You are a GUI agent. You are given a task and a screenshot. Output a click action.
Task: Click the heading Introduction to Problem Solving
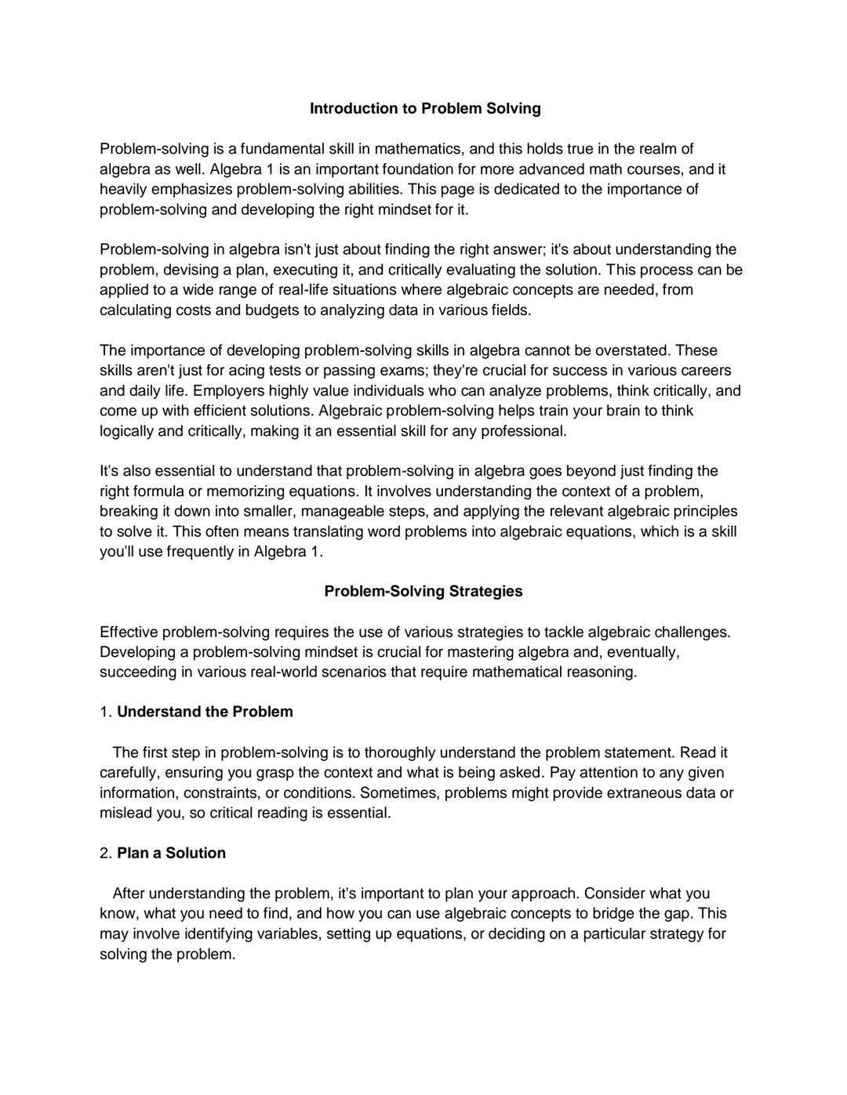pos(425,108)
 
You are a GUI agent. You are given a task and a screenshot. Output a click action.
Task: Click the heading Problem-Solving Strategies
pos(423,591)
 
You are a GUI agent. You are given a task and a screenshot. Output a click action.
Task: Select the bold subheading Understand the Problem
pos(205,712)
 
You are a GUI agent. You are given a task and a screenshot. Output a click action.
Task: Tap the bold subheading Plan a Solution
pos(171,853)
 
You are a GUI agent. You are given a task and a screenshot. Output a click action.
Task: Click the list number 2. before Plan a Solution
pos(106,853)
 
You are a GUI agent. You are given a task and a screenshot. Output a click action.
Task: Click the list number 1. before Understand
pos(106,712)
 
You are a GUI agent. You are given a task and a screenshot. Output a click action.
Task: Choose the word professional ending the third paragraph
pos(522,431)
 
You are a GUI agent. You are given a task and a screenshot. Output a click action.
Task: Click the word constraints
pos(220,792)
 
